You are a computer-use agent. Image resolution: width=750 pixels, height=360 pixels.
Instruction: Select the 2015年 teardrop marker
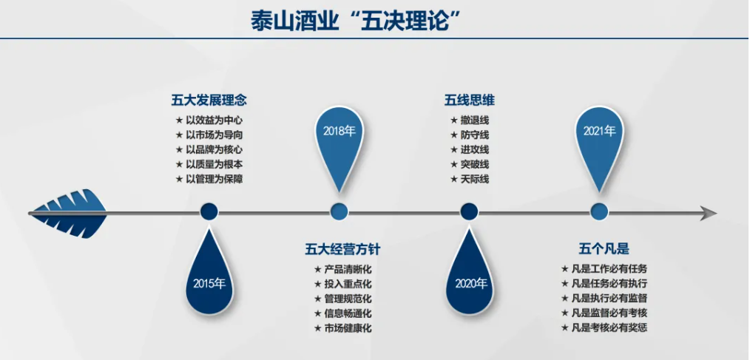(209, 276)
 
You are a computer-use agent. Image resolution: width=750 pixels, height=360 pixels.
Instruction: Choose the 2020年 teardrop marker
(469, 276)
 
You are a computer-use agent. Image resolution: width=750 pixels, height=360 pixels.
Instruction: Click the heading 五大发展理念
(209, 101)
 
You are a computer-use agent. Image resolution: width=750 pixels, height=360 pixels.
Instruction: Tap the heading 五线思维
(469, 101)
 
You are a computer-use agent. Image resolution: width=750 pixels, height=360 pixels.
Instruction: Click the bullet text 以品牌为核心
(214, 149)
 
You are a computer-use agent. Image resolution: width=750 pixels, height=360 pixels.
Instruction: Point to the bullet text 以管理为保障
(214, 180)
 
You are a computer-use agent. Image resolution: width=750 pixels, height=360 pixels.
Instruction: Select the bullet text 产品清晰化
(348, 269)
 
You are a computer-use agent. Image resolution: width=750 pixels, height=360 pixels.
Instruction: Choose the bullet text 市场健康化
(348, 328)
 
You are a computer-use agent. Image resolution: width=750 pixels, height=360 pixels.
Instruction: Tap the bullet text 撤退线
(475, 120)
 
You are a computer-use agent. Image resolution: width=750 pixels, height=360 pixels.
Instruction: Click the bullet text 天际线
(475, 180)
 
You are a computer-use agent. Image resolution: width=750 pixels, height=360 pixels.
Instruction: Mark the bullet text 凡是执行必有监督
(609, 299)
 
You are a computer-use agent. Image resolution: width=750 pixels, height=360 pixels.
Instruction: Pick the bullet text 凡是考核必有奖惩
(609, 328)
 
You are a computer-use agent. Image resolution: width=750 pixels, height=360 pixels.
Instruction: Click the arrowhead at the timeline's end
(708, 213)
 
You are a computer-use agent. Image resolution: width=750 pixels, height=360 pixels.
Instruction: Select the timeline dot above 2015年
(209, 211)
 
